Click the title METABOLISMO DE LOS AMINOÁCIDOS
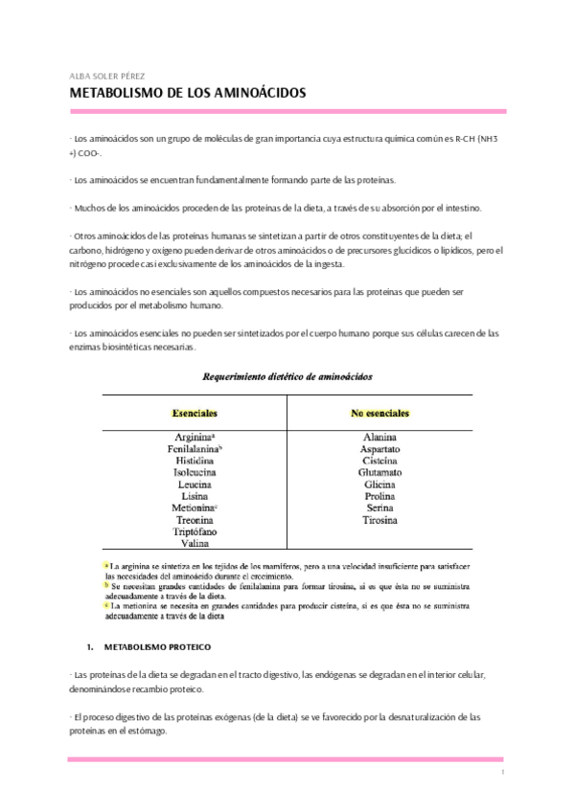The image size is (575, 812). point(188,95)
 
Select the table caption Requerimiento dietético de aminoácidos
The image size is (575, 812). point(287,377)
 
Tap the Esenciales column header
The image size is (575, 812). point(194,414)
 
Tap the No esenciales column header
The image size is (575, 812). point(379,414)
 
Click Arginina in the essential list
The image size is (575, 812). point(193,438)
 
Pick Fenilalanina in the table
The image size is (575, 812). point(193,449)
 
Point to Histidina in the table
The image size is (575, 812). point(194,461)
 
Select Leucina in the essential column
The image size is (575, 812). point(194,485)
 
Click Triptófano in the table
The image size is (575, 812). point(194,531)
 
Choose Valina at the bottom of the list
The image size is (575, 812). point(194,543)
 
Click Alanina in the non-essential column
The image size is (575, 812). point(380,438)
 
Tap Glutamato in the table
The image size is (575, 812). point(380,473)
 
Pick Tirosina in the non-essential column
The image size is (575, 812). point(380,520)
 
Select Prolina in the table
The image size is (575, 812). point(380,496)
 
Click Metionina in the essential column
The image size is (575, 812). point(193,507)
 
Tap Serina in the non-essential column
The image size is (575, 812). point(380,507)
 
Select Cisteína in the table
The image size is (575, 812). point(380,461)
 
